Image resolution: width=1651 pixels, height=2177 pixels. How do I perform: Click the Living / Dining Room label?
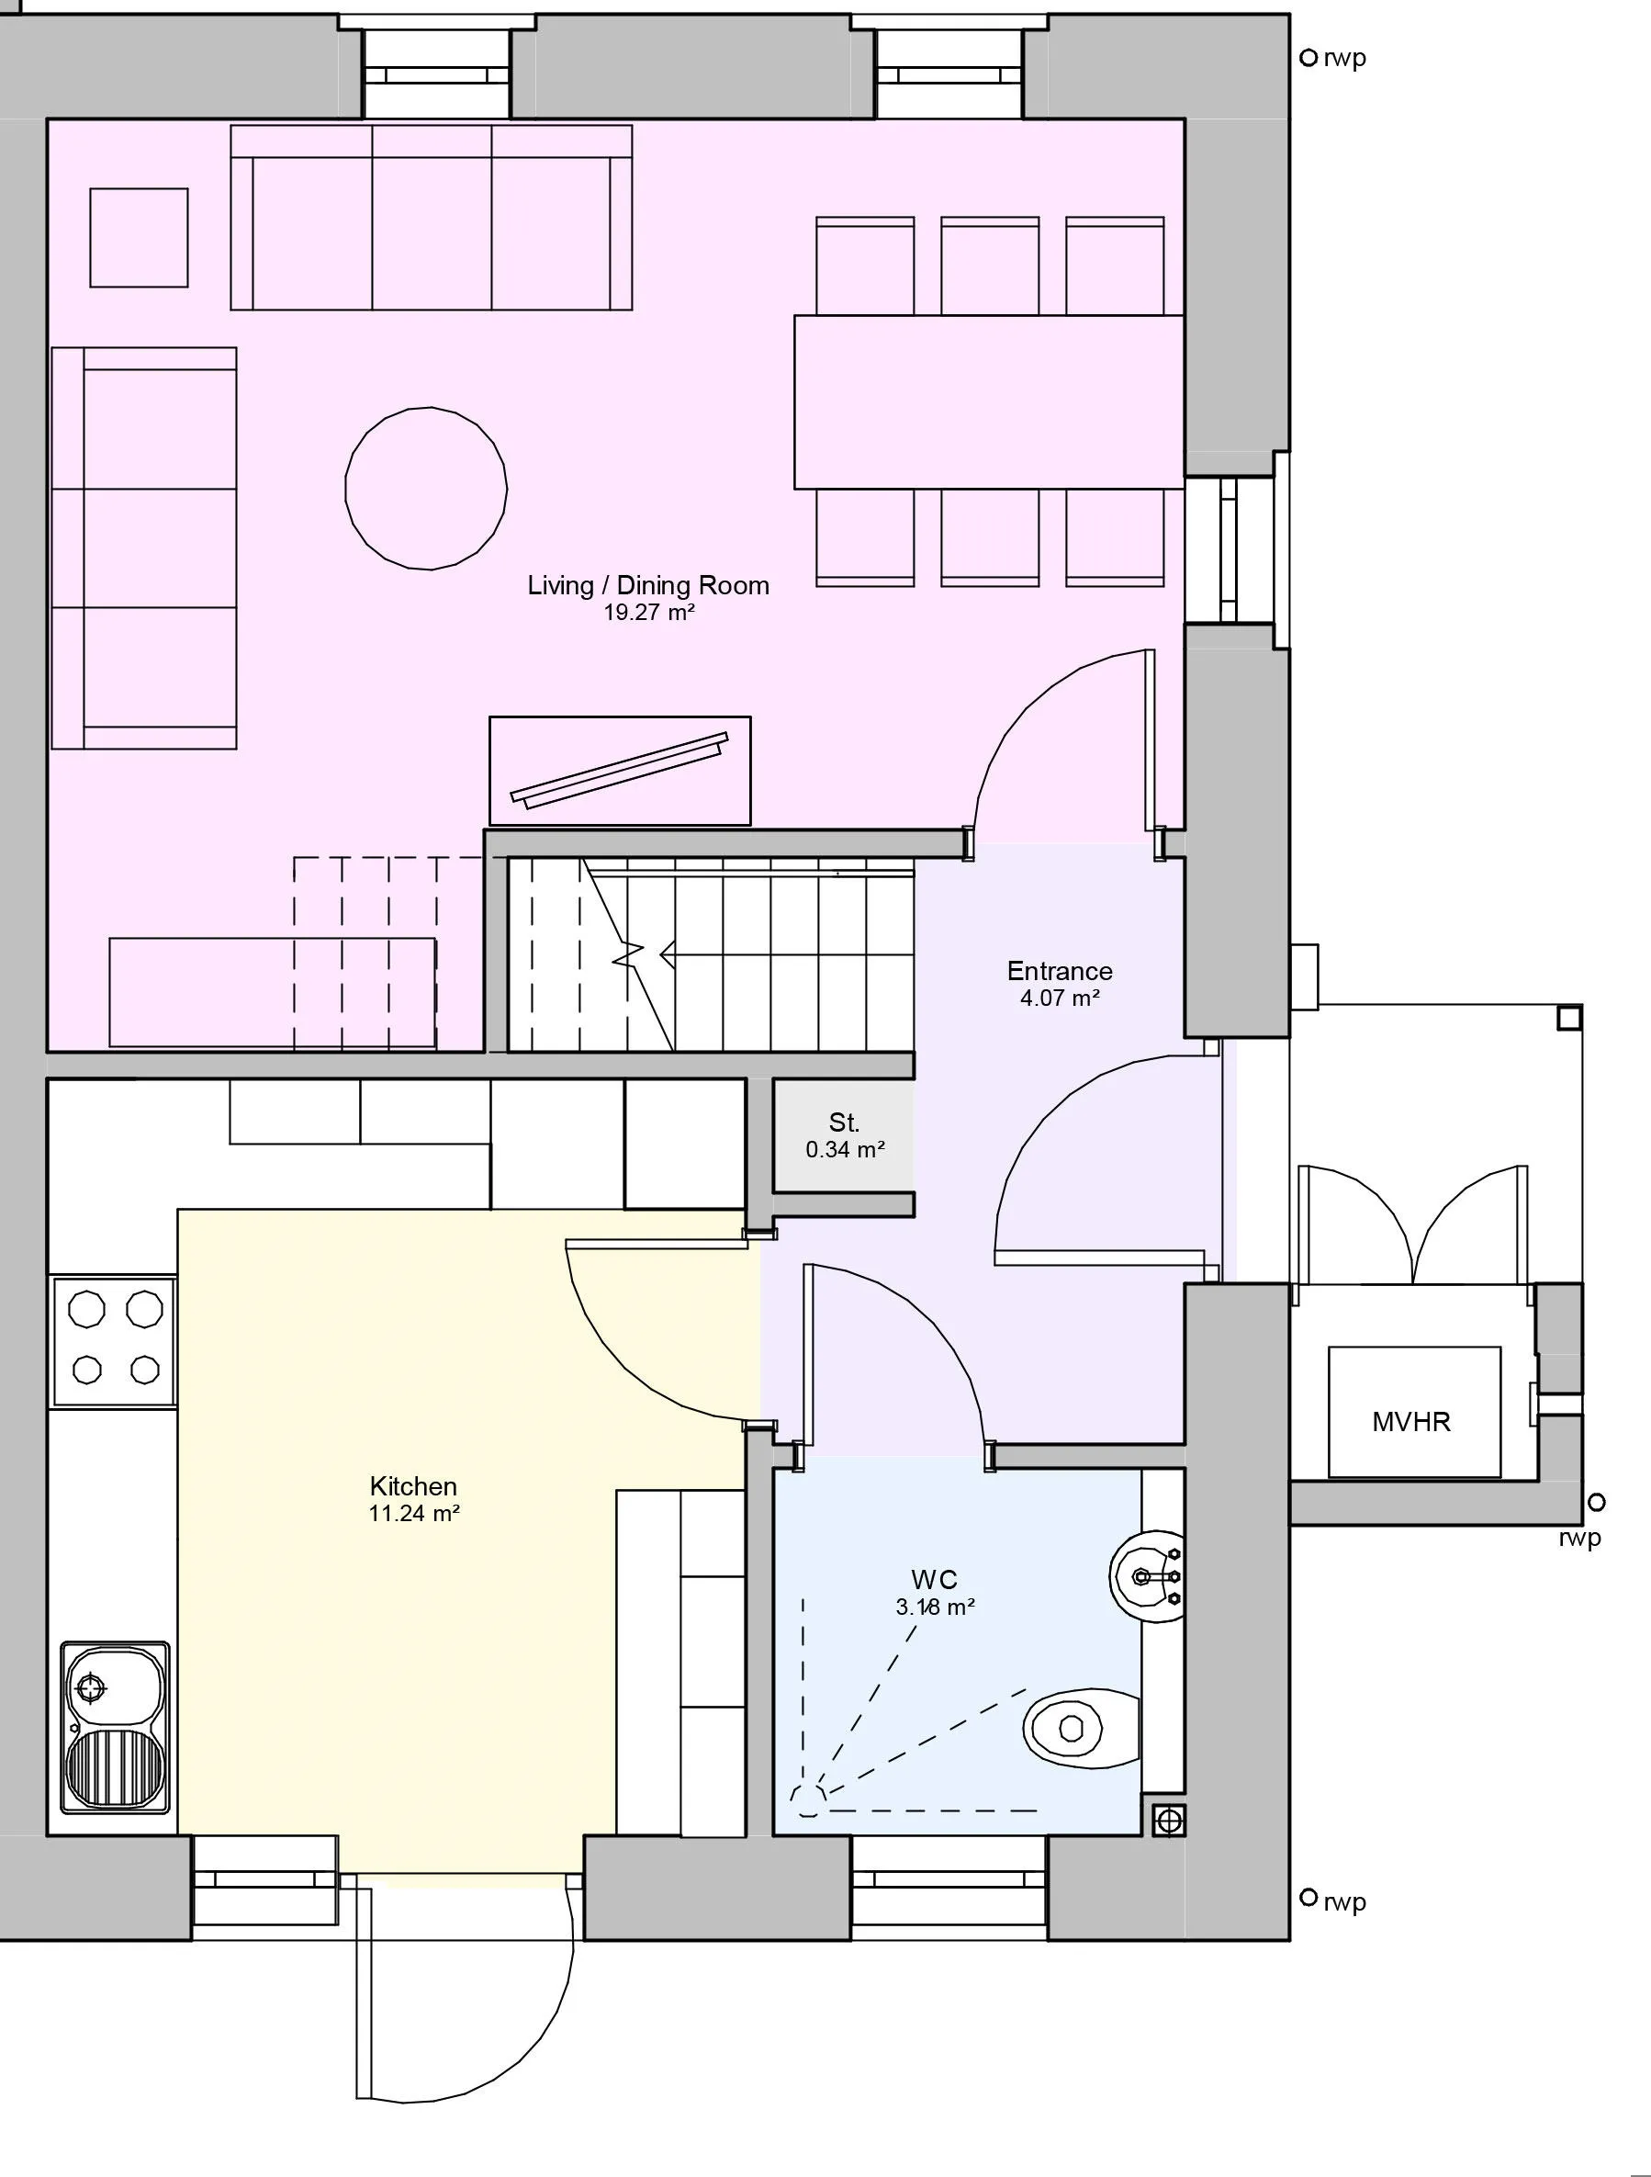pyautogui.click(x=647, y=586)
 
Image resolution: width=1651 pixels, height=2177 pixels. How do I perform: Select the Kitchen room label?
pyautogui.click(x=413, y=1486)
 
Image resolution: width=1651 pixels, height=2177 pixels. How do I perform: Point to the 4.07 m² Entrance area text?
pyautogui.click(x=1059, y=998)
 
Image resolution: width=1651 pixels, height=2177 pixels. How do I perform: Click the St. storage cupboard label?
pyautogui.click(x=844, y=1122)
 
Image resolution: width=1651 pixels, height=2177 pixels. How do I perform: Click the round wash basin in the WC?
pyautogui.click(x=1146, y=1576)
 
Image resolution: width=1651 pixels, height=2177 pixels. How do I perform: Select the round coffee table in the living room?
pyautogui.click(x=426, y=488)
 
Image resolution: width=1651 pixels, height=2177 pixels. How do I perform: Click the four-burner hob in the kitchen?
pyautogui.click(x=115, y=1340)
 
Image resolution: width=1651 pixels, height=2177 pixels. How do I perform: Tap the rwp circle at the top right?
pyautogui.click(x=1308, y=58)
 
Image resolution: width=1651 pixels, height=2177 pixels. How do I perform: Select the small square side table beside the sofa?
pyautogui.click(x=139, y=238)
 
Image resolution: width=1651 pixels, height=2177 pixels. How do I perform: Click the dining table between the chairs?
pyautogui.click(x=988, y=401)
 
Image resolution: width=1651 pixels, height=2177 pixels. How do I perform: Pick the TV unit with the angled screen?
pyautogui.click(x=620, y=771)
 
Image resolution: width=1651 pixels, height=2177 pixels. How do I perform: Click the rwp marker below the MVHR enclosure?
pyautogui.click(x=1596, y=1502)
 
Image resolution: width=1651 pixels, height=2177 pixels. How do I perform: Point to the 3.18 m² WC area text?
pyautogui.click(x=935, y=1607)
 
